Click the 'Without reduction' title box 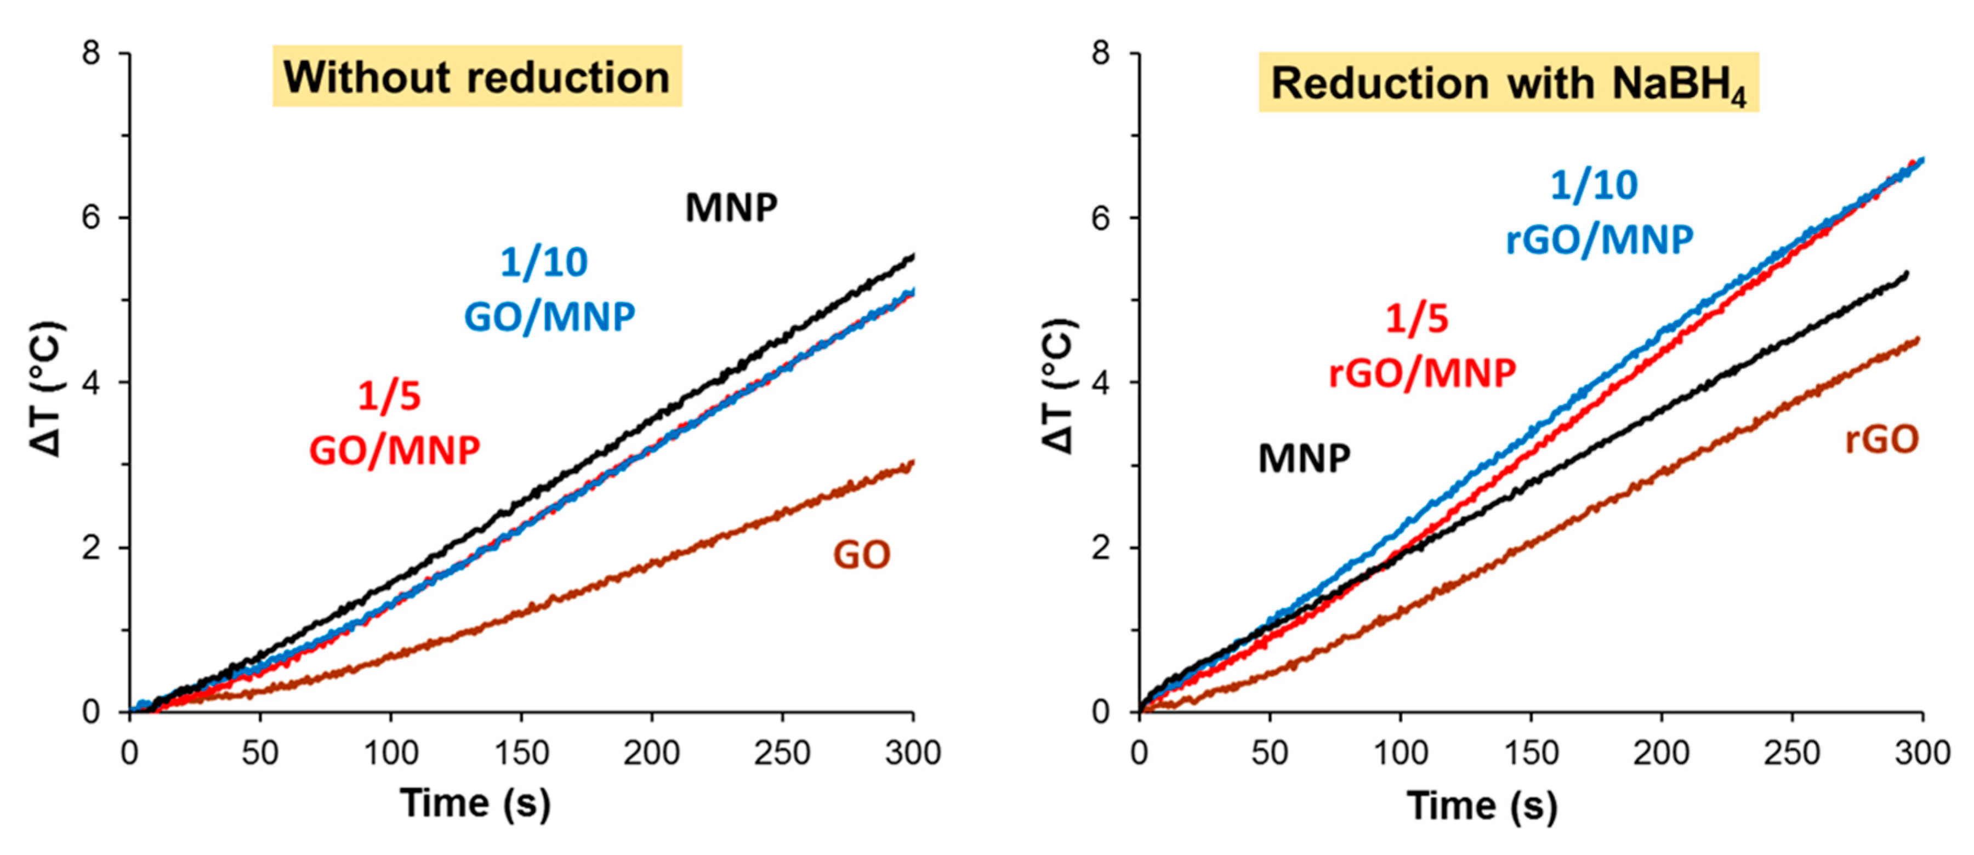pos(476,77)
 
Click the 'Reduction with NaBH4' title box pos(1508,83)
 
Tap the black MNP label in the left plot pos(731,208)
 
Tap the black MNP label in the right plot pos(1304,458)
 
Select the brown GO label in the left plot pos(861,555)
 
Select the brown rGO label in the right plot pos(1881,440)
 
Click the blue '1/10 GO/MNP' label pos(549,289)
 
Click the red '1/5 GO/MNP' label pos(394,423)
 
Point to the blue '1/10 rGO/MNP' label pos(1599,212)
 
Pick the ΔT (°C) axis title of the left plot pos(48,389)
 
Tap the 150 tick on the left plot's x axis pos(521,753)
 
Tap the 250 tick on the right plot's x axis pos(1791,753)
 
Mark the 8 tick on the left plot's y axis pos(91,54)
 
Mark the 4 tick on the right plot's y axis pos(1100,383)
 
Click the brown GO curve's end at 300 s pos(912,463)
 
